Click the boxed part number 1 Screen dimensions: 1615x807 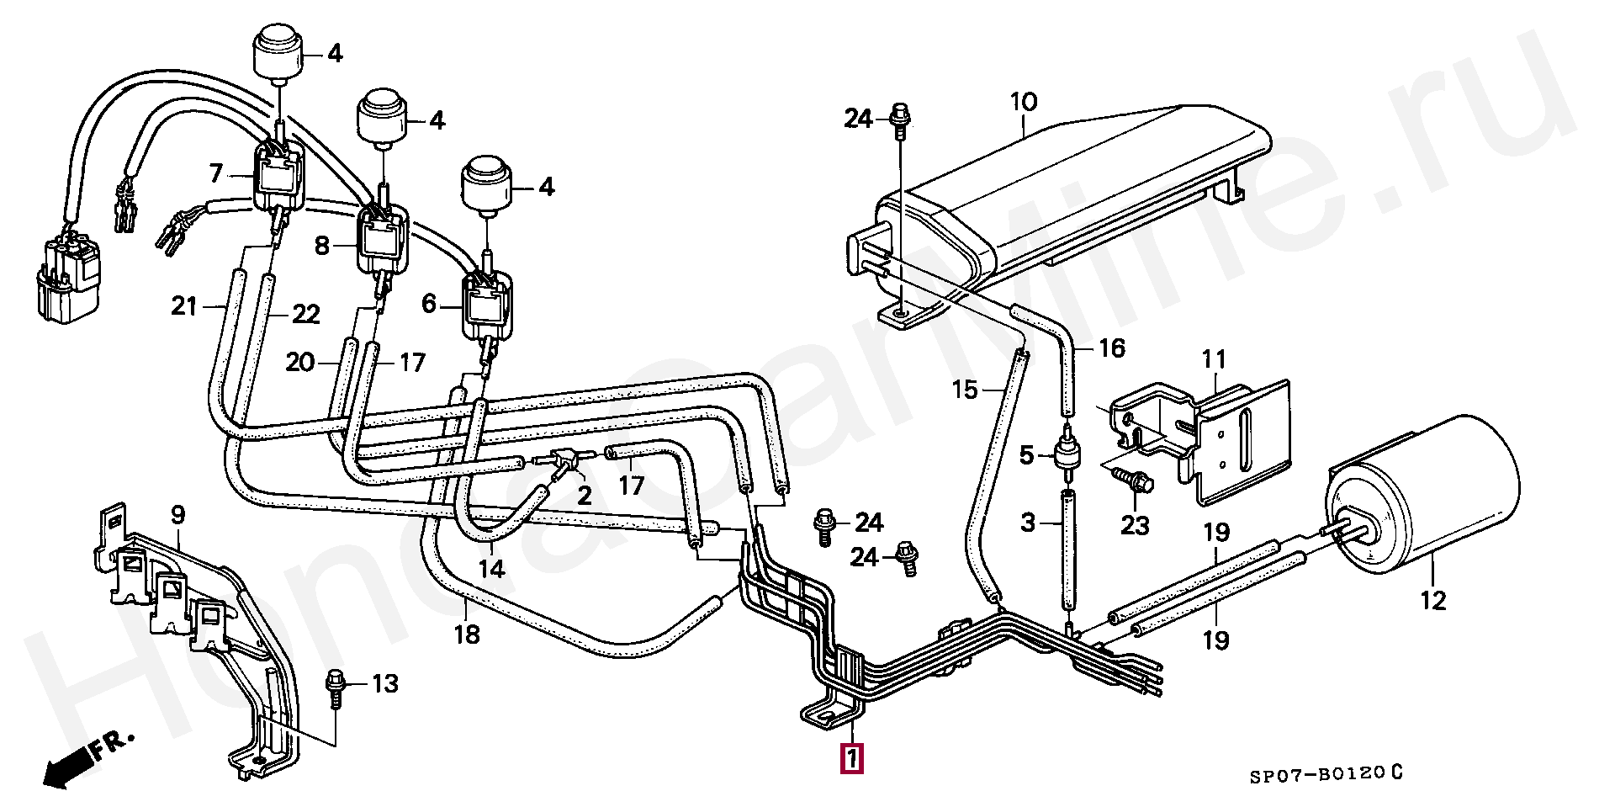pyautogui.click(x=851, y=759)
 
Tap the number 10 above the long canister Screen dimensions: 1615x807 pyautogui.click(x=1024, y=103)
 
